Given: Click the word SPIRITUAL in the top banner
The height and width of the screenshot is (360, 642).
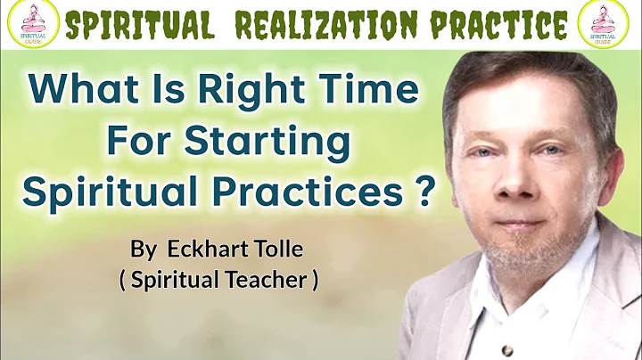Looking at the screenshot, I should (140, 25).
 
